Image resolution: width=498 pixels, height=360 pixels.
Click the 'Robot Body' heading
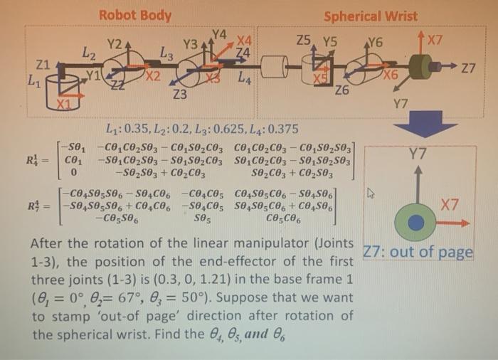(x=134, y=14)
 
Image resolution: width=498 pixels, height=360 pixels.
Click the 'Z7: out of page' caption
(x=418, y=253)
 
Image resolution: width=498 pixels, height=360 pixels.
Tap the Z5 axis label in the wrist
(x=304, y=42)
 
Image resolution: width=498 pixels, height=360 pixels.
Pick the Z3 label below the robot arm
(x=179, y=93)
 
